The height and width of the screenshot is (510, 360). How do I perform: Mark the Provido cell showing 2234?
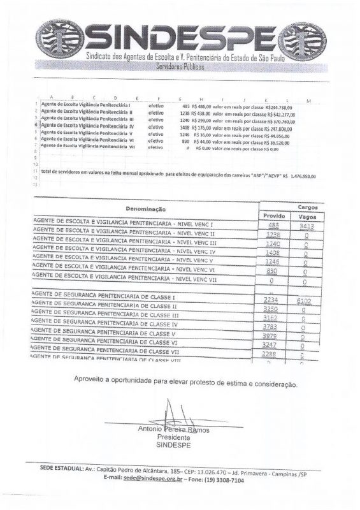coord(273,301)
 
